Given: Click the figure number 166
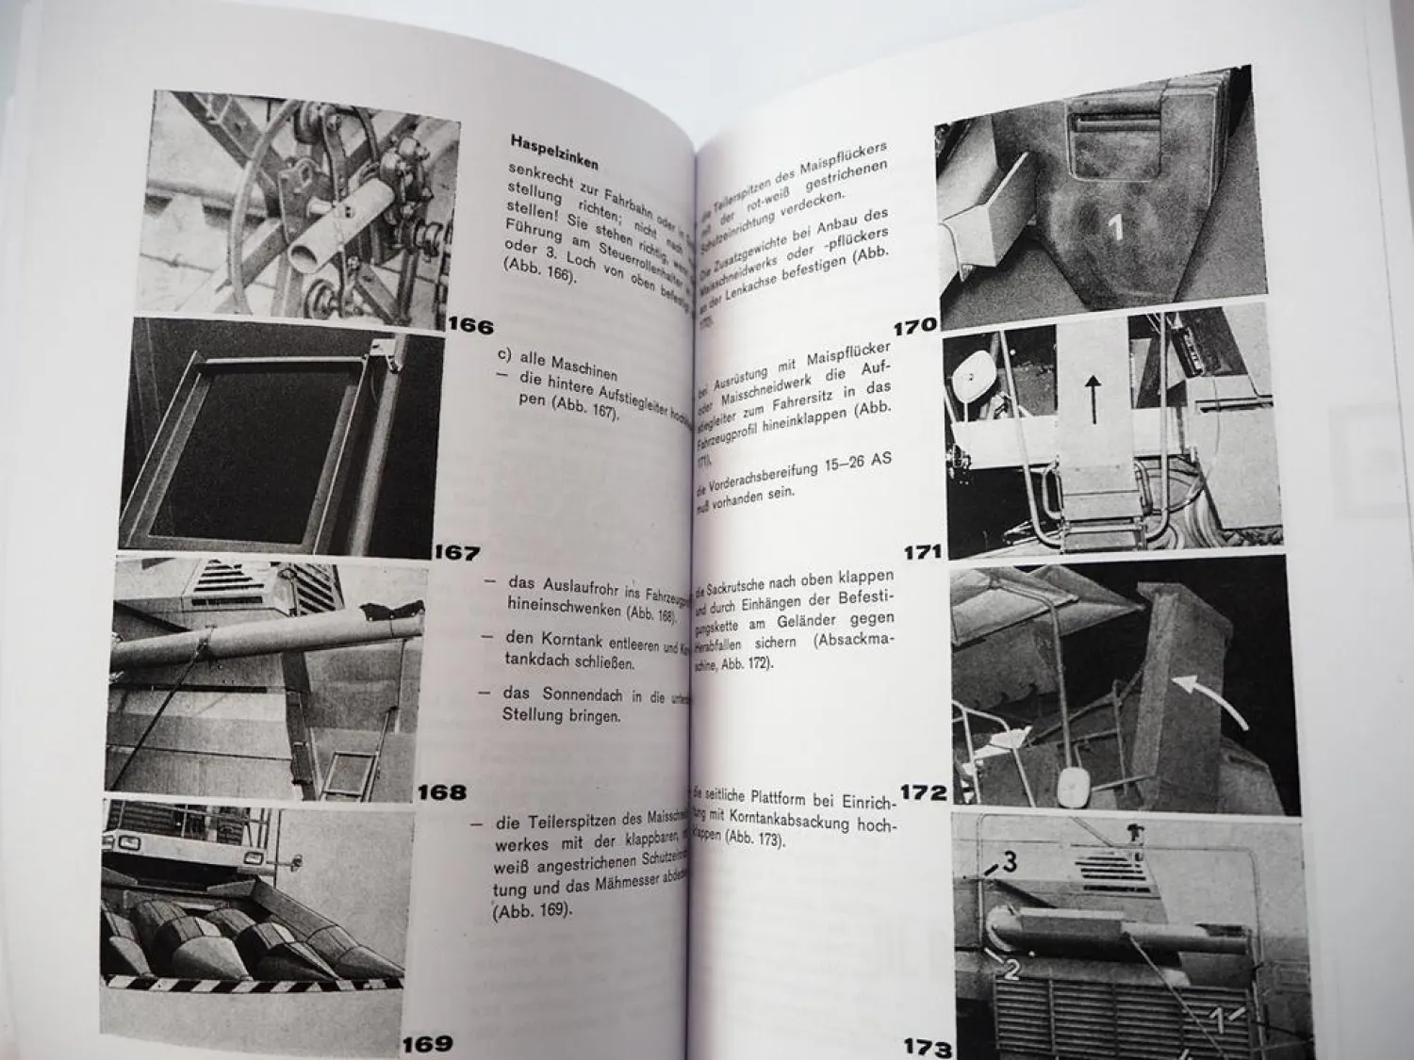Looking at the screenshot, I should (x=470, y=327).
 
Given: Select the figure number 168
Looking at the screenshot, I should (x=441, y=792).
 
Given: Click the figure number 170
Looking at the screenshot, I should (x=914, y=326).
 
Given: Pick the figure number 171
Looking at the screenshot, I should (x=923, y=553).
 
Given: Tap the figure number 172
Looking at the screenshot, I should (x=924, y=792).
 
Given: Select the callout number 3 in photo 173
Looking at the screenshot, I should (x=1009, y=861).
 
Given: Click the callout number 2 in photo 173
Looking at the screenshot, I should (x=1011, y=970).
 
